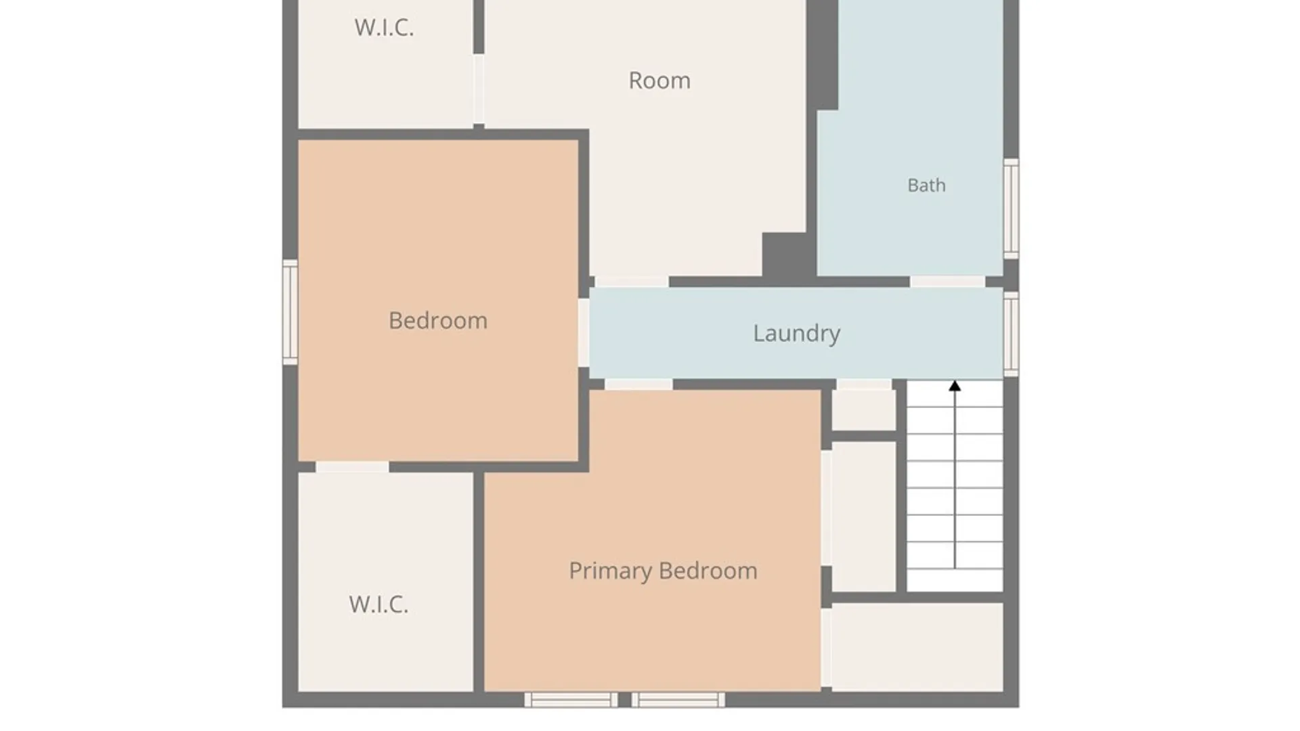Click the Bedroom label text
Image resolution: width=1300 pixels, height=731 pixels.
pos(438,320)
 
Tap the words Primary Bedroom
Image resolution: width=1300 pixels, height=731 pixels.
pos(663,571)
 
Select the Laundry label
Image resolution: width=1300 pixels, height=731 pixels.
pos(797,334)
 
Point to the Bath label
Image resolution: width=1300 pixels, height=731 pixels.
pos(926,185)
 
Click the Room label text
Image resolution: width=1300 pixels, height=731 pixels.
pos(659,81)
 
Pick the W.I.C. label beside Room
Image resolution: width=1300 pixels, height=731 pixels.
pos(384,27)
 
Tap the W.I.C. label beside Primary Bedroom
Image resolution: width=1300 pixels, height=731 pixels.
pos(378,604)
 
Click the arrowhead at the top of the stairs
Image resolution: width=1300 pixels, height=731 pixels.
pos(955,386)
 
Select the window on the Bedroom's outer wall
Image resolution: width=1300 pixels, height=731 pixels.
pos(290,312)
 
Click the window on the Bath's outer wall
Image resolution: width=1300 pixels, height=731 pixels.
pos(1011,208)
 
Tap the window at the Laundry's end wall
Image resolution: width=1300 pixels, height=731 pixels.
pos(1011,334)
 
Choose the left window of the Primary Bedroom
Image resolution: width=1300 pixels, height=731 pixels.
pos(571,700)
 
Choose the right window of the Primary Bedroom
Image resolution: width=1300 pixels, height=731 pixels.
pos(678,700)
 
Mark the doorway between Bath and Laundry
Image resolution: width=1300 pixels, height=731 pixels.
pos(947,282)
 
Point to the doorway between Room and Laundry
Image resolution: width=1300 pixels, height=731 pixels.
pos(632,282)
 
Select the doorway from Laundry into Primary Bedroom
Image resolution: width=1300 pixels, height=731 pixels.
pos(638,384)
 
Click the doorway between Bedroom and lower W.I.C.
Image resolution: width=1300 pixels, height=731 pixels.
pos(352,467)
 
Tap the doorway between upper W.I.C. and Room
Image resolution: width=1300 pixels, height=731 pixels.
pos(479,89)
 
